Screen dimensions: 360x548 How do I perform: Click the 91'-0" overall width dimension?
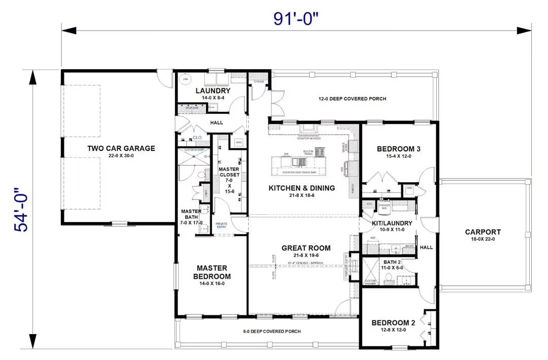pos(297,19)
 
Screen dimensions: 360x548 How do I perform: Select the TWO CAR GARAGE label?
pos(121,149)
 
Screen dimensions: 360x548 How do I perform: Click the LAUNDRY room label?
pos(213,91)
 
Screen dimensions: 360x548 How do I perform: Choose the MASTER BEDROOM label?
pos(212,272)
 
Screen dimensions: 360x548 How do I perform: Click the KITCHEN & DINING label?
pos(301,188)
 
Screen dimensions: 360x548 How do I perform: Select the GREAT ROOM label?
pos(305,248)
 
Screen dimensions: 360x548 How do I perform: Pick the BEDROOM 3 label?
pos(398,149)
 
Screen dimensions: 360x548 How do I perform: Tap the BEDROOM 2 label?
pos(393,322)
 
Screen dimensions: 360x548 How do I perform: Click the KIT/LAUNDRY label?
pos(392,223)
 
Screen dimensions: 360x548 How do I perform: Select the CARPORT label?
pos(483,232)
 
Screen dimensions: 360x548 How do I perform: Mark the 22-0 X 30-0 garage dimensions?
pos(121,156)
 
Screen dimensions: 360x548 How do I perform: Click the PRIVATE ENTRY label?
pos(222,226)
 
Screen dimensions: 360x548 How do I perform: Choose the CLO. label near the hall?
pos(197,137)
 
